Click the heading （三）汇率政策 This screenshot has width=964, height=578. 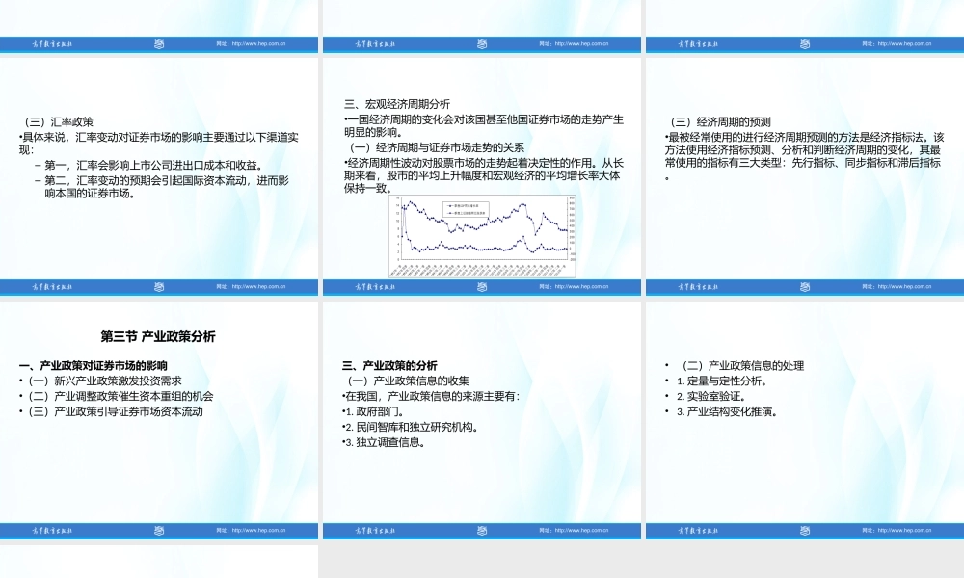point(59,121)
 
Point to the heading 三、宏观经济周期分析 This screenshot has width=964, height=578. point(396,104)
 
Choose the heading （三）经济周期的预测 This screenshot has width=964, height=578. point(719,121)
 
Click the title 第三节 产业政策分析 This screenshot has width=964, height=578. point(158,336)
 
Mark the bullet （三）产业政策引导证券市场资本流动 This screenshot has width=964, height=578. point(115,411)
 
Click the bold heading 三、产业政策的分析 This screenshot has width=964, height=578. point(390,366)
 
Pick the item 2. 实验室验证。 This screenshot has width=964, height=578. point(716,396)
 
